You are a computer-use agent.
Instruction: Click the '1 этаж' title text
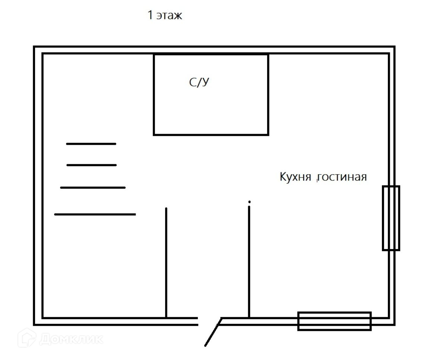[165, 16]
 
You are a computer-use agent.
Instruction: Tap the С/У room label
[199, 82]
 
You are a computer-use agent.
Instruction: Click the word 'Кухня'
[295, 177]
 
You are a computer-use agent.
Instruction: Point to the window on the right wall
[391, 218]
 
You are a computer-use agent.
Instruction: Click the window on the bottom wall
[334, 321]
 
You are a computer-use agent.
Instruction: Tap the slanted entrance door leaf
[213, 332]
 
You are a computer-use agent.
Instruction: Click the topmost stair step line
[91, 144]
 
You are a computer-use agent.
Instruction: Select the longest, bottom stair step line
[95, 214]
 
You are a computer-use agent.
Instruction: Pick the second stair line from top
[91, 165]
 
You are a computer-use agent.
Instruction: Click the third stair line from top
[93, 188]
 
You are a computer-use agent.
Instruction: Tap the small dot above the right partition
[249, 202]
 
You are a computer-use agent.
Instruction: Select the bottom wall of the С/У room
[211, 134]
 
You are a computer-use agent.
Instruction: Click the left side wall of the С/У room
[154, 95]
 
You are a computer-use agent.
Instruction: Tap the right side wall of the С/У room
[268, 95]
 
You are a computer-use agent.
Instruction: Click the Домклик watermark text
[71, 339]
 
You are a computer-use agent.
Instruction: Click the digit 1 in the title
[150, 16]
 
